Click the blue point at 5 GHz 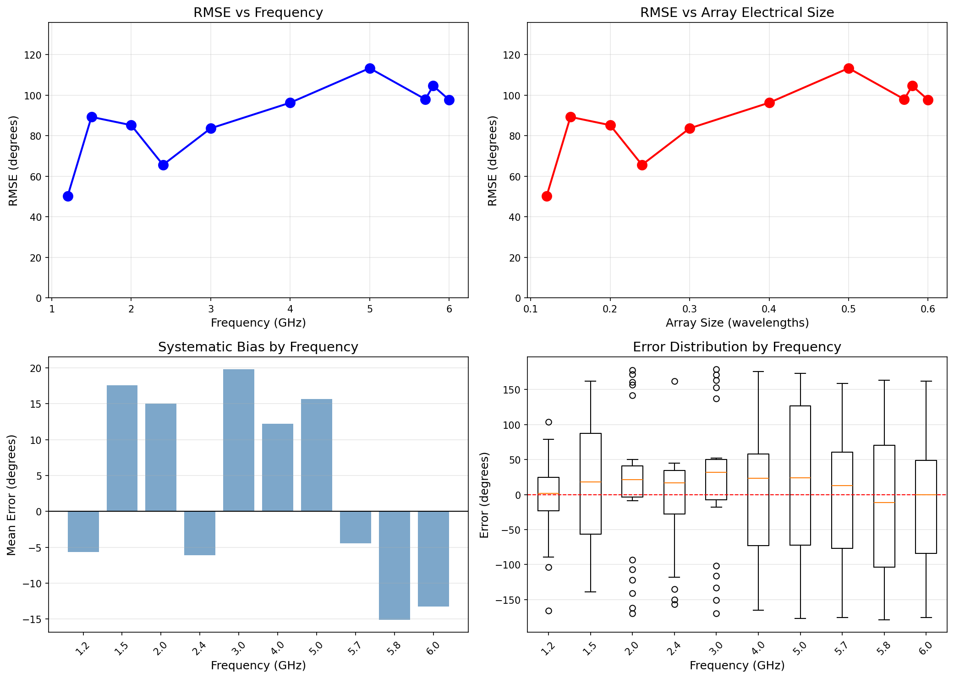point(370,68)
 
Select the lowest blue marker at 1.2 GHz point(68,196)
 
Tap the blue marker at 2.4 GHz point(163,165)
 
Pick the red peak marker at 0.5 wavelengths point(849,68)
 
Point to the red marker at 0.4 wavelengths point(769,103)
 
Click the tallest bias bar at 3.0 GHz point(238,440)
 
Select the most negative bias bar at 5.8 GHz point(394,565)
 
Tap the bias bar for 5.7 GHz point(355,527)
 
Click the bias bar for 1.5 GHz point(122,448)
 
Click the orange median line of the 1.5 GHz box point(591,482)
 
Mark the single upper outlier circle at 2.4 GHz point(674,381)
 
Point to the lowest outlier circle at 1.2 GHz point(548,611)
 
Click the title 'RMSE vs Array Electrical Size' point(737,12)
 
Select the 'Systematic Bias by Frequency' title point(258,347)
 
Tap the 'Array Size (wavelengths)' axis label point(737,323)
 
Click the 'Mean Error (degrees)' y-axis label point(12,495)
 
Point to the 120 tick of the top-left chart point(36,55)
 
